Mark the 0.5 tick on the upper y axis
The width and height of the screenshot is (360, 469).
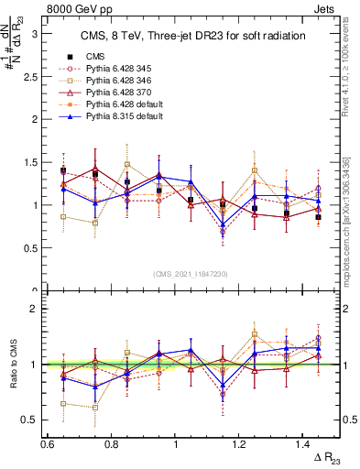(35, 247)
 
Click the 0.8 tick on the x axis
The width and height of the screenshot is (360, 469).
(112, 442)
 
